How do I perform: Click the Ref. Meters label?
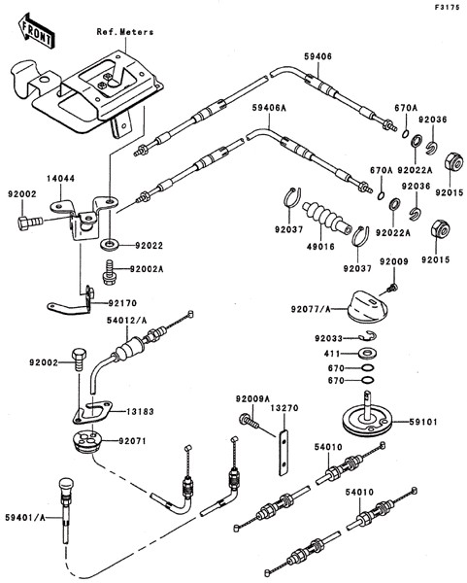(125, 32)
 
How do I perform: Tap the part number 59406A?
(269, 108)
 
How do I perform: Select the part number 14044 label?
(60, 179)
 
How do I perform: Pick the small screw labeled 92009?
(393, 288)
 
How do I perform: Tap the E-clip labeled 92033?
(368, 335)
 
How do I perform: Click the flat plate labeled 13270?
(284, 452)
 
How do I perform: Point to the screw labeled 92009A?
(250, 422)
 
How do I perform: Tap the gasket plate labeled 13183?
(92, 412)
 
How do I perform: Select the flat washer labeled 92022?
(110, 245)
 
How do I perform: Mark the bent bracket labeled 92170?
(71, 301)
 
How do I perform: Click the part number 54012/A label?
(126, 320)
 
